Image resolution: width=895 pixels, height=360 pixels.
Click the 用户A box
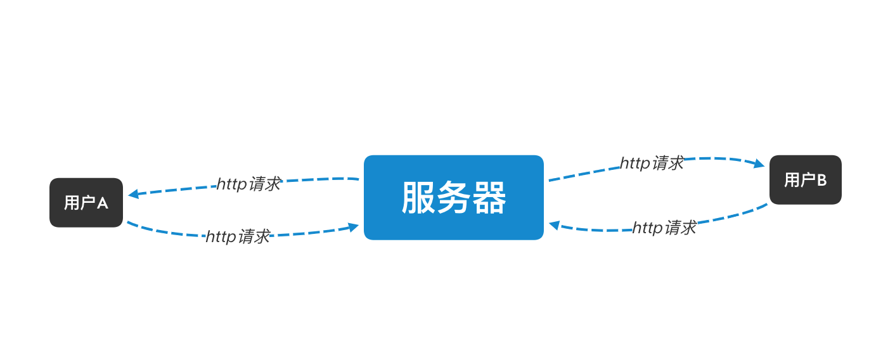(86, 202)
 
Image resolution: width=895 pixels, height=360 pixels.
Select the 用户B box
(805, 180)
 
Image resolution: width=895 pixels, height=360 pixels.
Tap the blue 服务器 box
(453, 197)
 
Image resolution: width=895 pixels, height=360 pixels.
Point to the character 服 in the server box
(418, 198)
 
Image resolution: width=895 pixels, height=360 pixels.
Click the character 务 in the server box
(453, 198)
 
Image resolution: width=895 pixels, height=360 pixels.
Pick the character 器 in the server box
(489, 198)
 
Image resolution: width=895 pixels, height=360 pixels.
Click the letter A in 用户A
(102, 203)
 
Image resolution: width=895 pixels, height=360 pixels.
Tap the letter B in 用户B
(821, 181)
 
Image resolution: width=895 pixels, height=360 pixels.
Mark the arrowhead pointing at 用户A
(133, 194)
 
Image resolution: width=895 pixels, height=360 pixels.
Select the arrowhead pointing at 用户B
(759, 164)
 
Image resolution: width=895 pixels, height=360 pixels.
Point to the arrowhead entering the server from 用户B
(554, 225)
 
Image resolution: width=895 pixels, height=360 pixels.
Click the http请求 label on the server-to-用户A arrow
(248, 184)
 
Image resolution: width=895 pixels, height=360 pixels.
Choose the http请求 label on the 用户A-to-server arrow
(238, 236)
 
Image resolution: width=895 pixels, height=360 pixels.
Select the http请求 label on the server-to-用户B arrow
(652, 163)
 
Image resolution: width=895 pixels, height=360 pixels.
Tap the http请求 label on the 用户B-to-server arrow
(664, 228)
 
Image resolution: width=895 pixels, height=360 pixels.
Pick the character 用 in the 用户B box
(791, 181)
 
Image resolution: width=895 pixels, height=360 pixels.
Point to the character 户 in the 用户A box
(87, 203)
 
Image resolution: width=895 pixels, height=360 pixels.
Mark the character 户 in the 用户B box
(806, 181)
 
